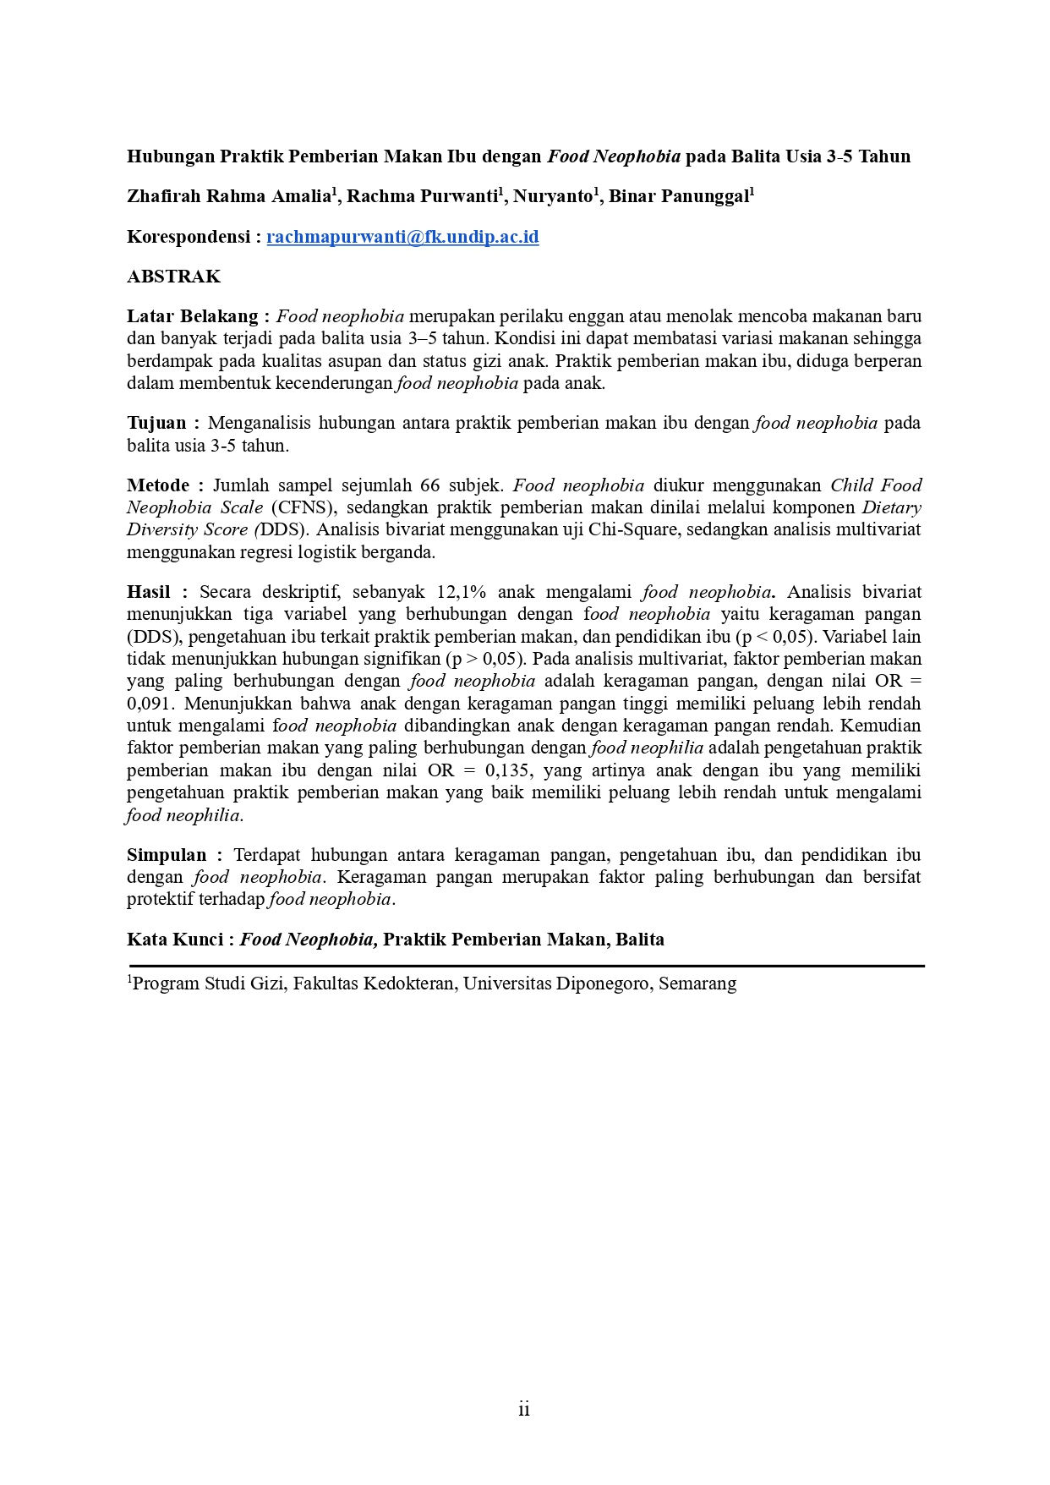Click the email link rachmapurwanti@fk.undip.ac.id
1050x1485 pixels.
(x=402, y=237)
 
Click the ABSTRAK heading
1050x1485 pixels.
(x=173, y=277)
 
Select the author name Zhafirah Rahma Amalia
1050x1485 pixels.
(x=227, y=197)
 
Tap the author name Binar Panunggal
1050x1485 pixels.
(x=679, y=197)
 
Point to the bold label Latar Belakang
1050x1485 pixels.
(x=193, y=316)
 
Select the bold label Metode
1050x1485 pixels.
(x=158, y=485)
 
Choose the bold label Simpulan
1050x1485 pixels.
(x=167, y=855)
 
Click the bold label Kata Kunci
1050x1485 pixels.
(x=175, y=940)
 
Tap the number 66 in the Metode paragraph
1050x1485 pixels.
(x=430, y=485)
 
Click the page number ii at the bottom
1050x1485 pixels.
(x=524, y=1409)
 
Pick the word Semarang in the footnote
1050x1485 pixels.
(x=697, y=984)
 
